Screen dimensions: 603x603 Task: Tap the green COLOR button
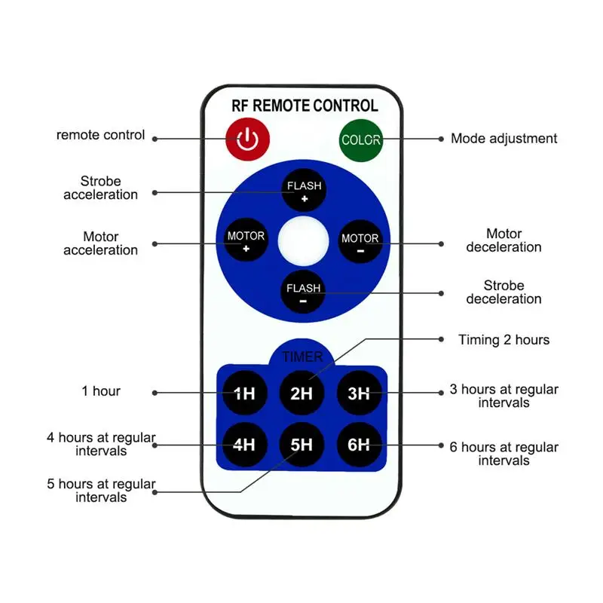(361, 139)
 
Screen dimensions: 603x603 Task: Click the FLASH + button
(303, 191)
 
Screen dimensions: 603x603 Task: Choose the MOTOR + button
(246, 242)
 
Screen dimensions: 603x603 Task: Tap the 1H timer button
(244, 393)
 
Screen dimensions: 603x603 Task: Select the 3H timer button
(359, 393)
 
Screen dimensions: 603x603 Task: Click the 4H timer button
(244, 444)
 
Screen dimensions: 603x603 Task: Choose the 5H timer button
(301, 444)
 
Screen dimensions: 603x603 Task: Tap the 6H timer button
(359, 444)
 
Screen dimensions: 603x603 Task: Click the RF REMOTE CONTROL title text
(305, 106)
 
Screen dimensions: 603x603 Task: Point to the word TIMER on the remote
(302, 357)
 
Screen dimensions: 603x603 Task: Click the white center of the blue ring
(303, 242)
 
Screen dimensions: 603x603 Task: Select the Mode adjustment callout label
(504, 139)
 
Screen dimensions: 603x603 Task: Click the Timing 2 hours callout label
(504, 340)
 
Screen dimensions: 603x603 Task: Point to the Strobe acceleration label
(101, 188)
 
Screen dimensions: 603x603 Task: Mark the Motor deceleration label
(504, 240)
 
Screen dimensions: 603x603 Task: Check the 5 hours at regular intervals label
(101, 491)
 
